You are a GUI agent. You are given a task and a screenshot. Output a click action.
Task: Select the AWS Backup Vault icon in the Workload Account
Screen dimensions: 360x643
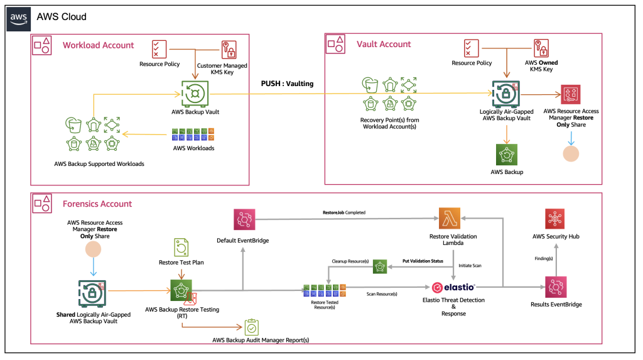click(x=193, y=94)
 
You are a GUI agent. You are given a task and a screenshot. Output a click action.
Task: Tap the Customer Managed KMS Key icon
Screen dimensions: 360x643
click(x=228, y=50)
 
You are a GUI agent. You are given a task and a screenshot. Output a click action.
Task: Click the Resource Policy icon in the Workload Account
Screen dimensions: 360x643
click(x=159, y=49)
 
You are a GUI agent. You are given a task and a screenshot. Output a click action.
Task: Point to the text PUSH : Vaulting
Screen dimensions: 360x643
click(x=287, y=83)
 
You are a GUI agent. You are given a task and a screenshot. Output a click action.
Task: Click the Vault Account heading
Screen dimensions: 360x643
click(x=384, y=45)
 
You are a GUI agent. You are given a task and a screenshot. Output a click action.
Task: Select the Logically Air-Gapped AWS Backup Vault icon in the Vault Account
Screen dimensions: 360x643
click(x=505, y=92)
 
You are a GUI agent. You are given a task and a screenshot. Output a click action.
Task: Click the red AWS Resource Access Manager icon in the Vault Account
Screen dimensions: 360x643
click(x=570, y=95)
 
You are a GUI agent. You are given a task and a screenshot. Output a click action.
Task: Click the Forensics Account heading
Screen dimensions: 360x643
click(x=97, y=204)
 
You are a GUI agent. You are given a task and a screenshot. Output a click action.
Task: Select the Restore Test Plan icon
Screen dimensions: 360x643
click(x=181, y=247)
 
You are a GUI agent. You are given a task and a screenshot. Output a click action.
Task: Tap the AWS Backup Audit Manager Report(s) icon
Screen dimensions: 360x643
click(x=252, y=327)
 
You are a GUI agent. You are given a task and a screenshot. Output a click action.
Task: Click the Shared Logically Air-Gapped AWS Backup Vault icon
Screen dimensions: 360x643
click(x=93, y=292)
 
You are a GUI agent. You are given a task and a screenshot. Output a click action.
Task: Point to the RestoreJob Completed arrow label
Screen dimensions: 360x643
click(x=339, y=213)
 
